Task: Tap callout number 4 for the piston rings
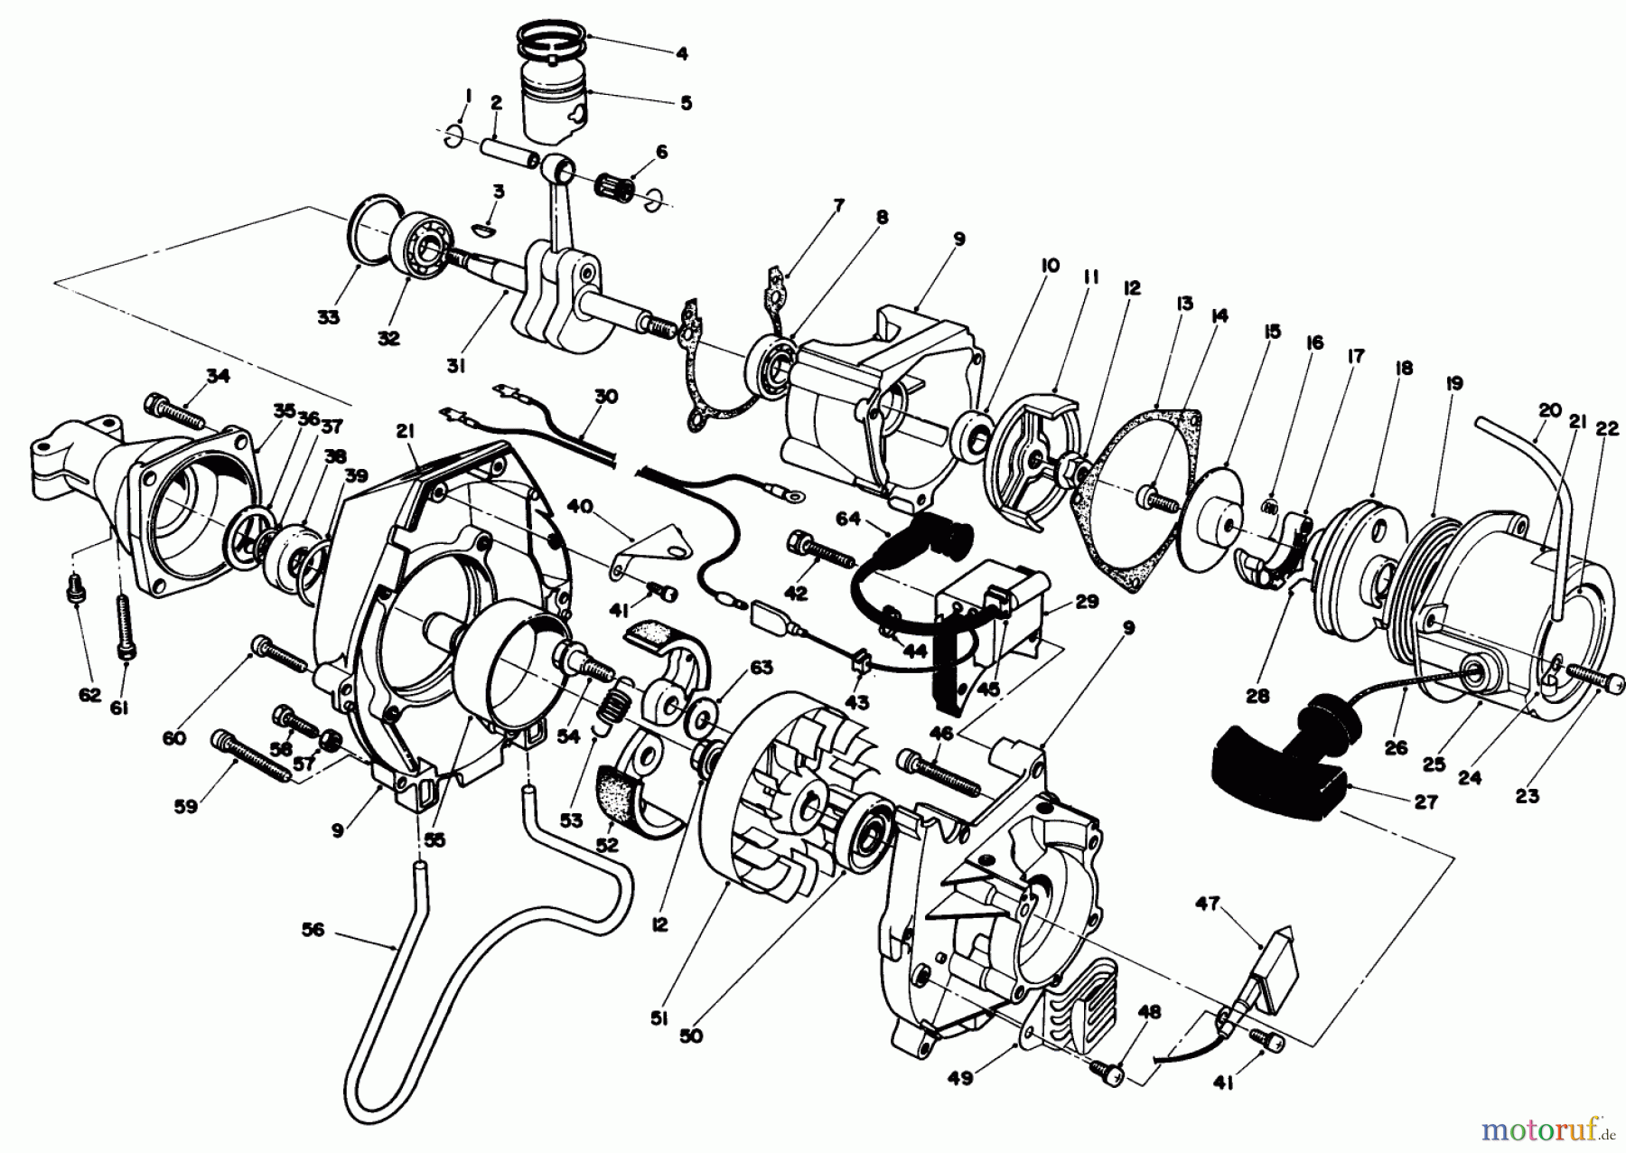[682, 53]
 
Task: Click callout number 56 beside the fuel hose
[313, 905]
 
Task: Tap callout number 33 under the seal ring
[328, 317]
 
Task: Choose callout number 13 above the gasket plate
[1184, 304]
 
